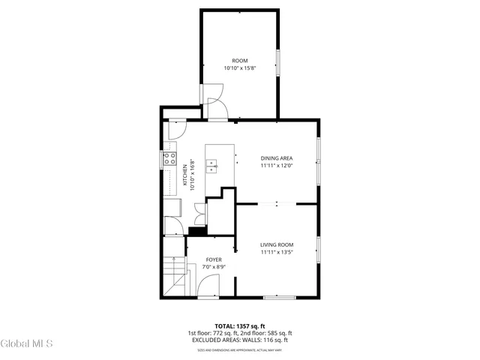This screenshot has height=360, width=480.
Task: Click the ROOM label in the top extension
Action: (239, 61)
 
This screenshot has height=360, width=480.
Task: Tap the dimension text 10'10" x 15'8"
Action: (239, 68)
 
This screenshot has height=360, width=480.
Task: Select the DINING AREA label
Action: (276, 158)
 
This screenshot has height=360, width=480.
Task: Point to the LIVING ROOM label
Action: (277, 245)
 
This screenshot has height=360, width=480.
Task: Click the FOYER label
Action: (214, 259)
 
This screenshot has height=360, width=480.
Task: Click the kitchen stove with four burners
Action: (170, 158)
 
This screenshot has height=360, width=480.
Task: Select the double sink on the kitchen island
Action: (212, 165)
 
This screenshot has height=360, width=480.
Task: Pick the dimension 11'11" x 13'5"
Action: (277, 253)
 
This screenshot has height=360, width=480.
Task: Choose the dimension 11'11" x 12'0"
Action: (276, 166)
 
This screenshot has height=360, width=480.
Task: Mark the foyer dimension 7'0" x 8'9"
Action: (214, 267)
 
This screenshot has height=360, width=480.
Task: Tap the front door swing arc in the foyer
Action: (208, 286)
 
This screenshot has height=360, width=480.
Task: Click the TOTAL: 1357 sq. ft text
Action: (239, 326)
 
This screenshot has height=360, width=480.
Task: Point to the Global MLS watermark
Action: (27, 343)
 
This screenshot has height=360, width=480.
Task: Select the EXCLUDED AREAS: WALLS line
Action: (239, 340)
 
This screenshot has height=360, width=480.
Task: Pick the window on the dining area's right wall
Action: (319, 160)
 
